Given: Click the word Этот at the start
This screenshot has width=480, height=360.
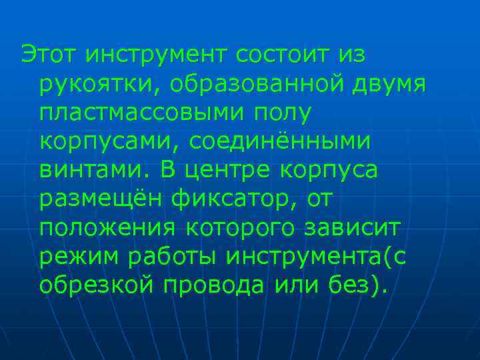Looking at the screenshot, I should click(x=49, y=55).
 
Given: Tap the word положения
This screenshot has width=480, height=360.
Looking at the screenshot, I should click(x=107, y=227).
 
